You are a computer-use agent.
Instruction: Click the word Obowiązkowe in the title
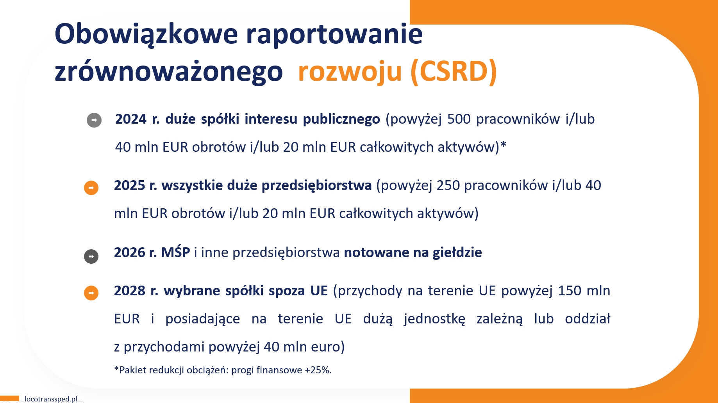tap(146, 35)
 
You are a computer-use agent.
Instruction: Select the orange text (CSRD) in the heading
tap(454, 72)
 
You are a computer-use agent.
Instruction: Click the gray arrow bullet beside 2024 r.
tap(94, 120)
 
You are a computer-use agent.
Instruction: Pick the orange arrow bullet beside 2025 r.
tap(91, 188)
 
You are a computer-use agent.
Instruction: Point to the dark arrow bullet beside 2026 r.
tap(91, 256)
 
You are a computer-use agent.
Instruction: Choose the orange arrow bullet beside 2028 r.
tap(91, 293)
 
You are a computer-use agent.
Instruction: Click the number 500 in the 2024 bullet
tap(459, 119)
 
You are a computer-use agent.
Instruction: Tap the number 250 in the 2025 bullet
tap(448, 185)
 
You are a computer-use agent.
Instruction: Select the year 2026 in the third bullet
tap(130, 252)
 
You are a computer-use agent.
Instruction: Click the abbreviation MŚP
tap(175, 252)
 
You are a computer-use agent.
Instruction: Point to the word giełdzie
tap(457, 253)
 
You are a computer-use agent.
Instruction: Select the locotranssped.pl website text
tap(51, 399)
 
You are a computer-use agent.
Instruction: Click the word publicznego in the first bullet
tap(341, 119)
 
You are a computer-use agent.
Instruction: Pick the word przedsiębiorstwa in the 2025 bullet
tap(316, 186)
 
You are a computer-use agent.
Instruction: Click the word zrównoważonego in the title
tap(169, 72)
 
